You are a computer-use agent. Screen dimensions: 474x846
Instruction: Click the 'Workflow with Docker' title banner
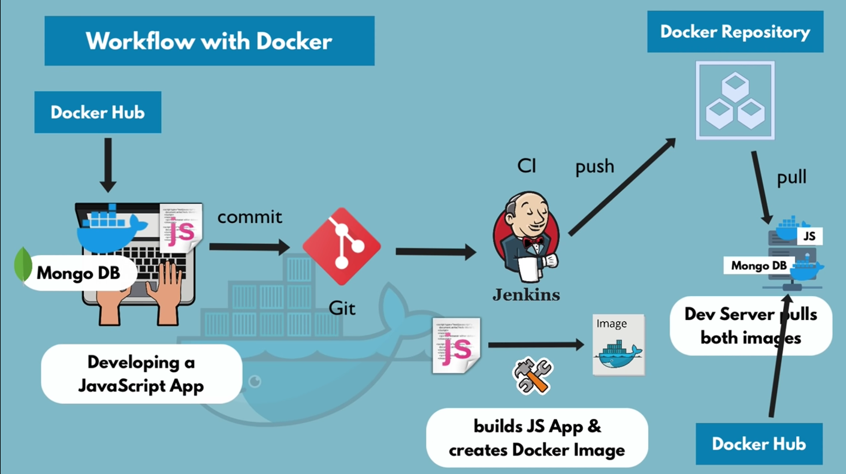pos(209,41)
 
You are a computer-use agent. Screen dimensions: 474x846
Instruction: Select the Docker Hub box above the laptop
pos(98,112)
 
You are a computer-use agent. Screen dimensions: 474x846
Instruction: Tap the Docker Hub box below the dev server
pos(759,444)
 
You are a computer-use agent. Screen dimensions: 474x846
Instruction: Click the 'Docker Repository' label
pos(735,32)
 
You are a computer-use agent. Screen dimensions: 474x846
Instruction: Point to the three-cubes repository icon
pos(735,101)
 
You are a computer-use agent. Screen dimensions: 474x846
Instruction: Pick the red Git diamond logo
pos(342,246)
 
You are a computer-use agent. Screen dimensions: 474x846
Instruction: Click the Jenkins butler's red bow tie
pos(531,242)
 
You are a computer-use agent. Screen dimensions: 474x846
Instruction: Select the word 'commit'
pos(249,216)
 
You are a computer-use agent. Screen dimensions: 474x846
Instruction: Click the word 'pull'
pos(791,177)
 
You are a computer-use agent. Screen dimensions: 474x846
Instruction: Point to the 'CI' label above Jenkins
pos(527,166)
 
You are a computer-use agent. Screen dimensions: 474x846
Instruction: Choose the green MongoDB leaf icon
pos(23,264)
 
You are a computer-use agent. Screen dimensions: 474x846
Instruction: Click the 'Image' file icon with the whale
pos(618,345)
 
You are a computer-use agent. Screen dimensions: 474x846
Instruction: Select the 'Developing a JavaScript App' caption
pos(141,373)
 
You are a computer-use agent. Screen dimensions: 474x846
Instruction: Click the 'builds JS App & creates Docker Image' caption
pos(537,438)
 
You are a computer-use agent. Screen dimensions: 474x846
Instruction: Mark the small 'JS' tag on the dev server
pos(809,236)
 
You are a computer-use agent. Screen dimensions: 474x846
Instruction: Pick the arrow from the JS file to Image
pos(536,345)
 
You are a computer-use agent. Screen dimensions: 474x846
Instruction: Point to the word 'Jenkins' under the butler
pos(526,295)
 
